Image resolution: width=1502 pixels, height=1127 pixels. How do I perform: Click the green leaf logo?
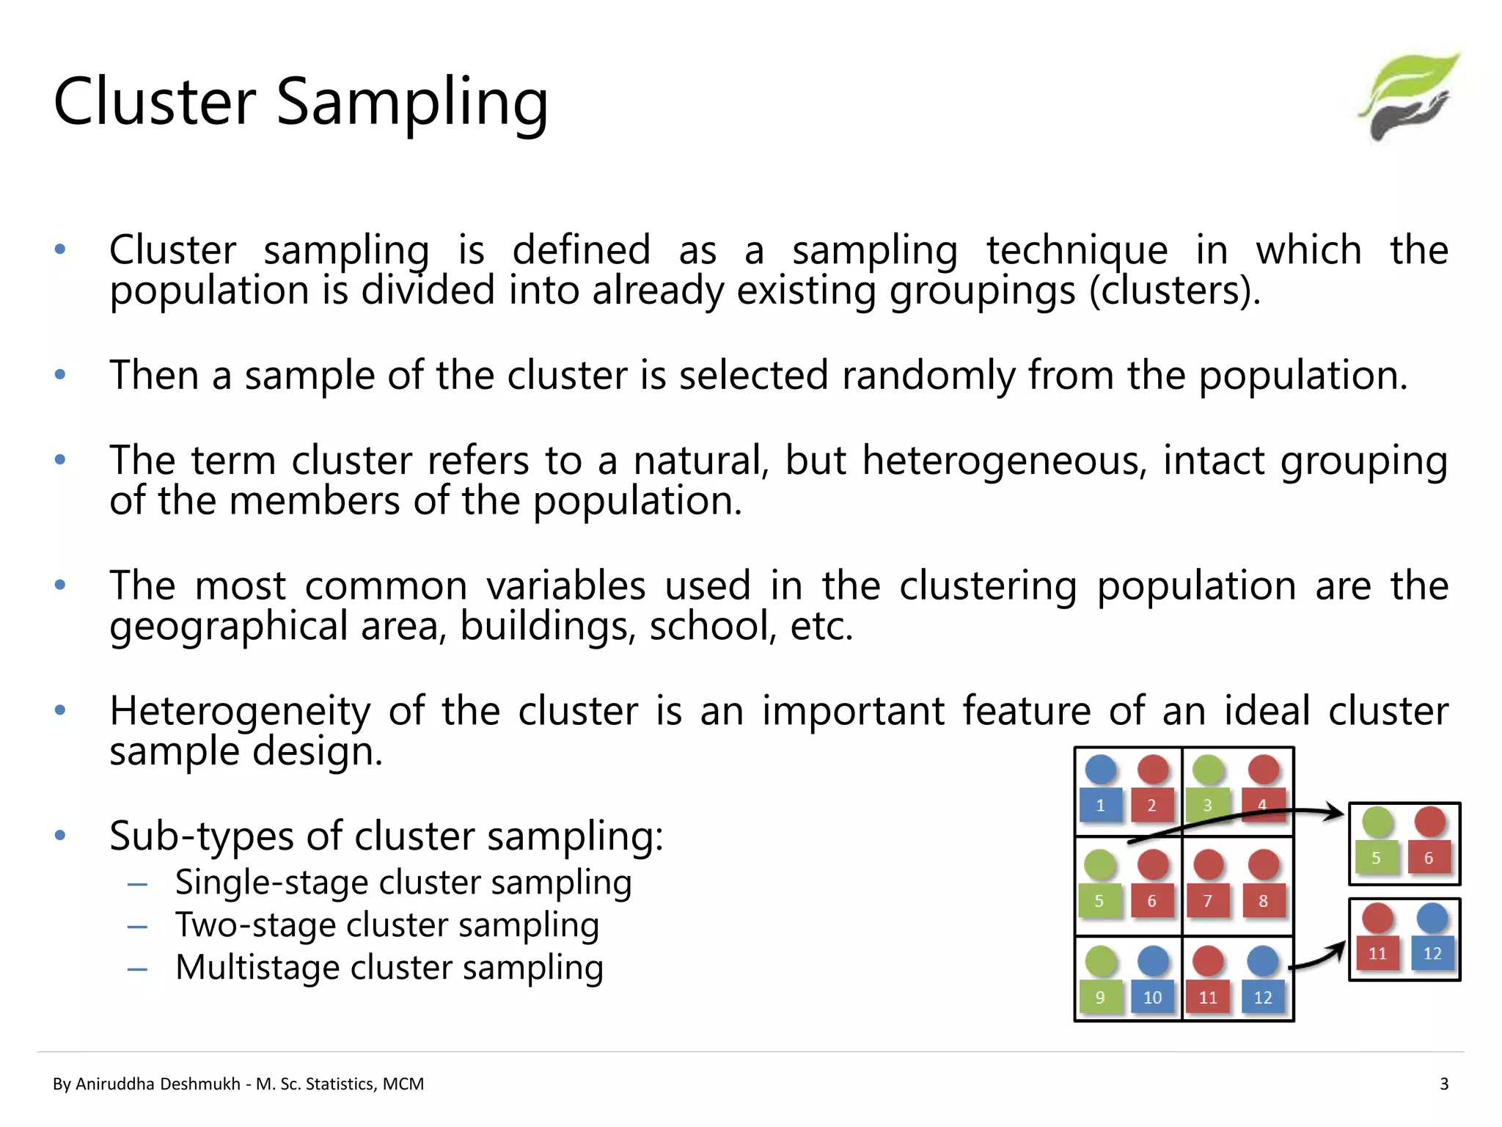pyautogui.click(x=1410, y=95)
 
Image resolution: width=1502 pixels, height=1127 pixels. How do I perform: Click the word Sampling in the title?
pyautogui.click(x=411, y=103)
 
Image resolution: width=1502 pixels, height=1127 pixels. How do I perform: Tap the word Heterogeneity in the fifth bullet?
pyautogui.click(x=240, y=711)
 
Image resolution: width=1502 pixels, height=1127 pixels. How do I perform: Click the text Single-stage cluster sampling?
pyautogui.click(x=403, y=883)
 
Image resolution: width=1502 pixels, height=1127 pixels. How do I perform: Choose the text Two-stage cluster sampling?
pyautogui.click(x=387, y=925)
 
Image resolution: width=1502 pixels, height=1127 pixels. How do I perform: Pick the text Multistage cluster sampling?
pyautogui.click(x=389, y=968)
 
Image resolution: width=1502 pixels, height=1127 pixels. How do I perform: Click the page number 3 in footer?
pyautogui.click(x=1443, y=1084)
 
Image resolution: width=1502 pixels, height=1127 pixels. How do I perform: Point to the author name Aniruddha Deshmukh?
pyautogui.click(x=158, y=1084)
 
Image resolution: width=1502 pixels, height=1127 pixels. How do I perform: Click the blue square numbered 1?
pyautogui.click(x=1100, y=805)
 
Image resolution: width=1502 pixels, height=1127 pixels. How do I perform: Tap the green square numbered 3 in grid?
pyautogui.click(x=1207, y=805)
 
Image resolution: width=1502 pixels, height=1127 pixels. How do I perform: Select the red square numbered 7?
pyautogui.click(x=1207, y=901)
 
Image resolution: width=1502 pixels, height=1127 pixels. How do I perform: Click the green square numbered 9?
pyautogui.click(x=1099, y=997)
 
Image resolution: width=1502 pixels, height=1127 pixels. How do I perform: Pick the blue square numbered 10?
pyautogui.click(x=1152, y=997)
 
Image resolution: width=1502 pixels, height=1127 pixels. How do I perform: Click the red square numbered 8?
pyautogui.click(x=1263, y=901)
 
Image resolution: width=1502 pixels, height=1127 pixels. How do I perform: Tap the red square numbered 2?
pyautogui.click(x=1151, y=805)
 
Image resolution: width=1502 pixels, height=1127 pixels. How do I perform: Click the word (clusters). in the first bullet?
pyautogui.click(x=1175, y=291)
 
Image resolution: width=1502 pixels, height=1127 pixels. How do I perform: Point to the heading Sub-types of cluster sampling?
pyautogui.click(x=386, y=836)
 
